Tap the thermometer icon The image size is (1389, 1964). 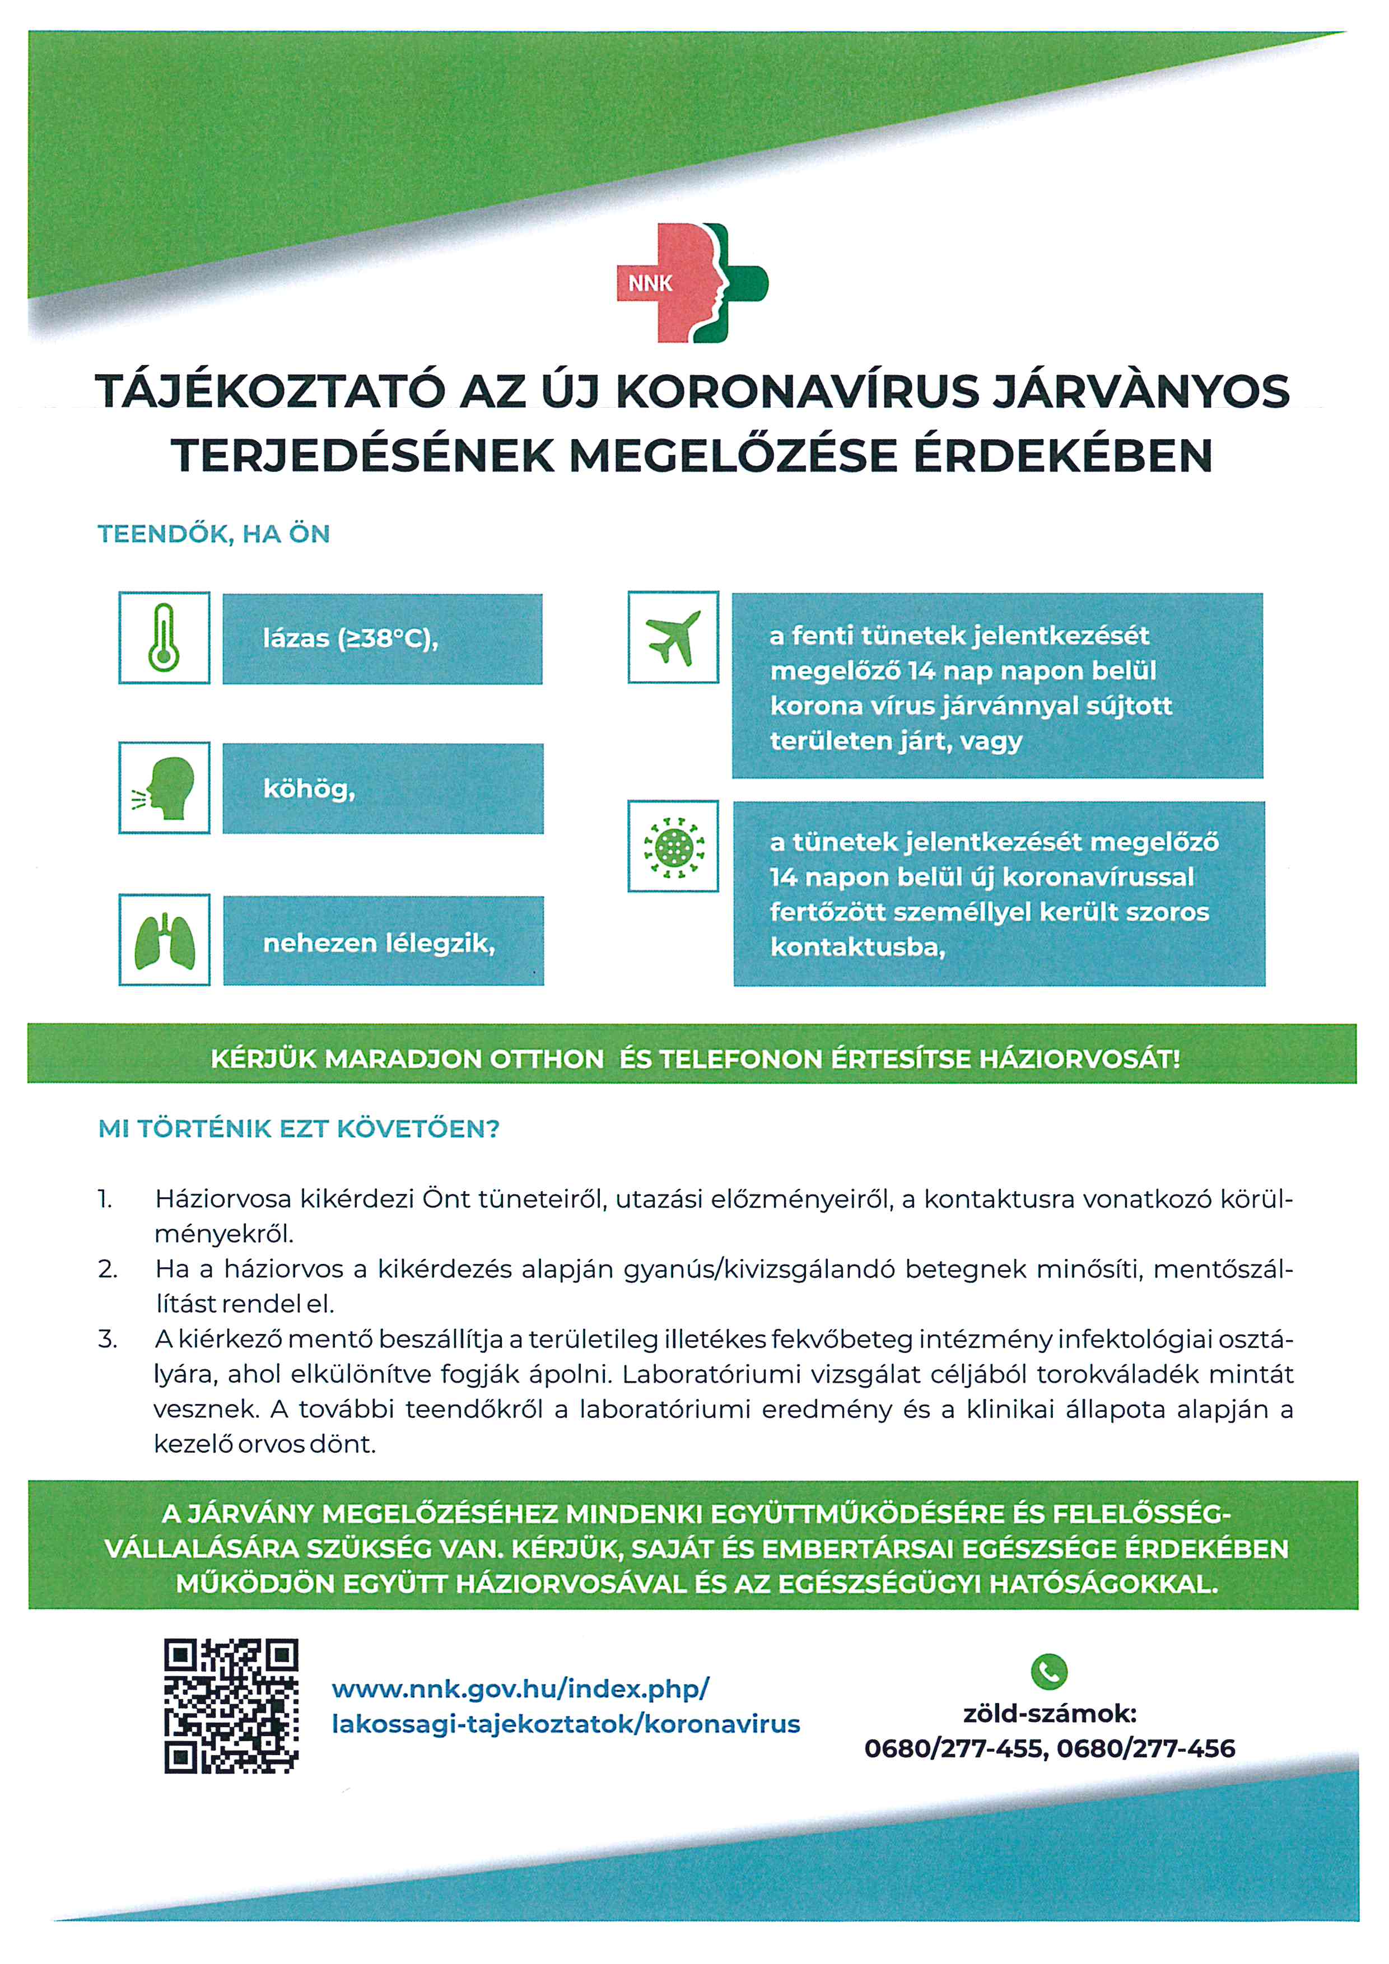click(x=164, y=637)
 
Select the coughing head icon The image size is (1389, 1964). click(x=164, y=788)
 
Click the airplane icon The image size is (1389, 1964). click(x=673, y=637)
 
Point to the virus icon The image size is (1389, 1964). click(x=673, y=846)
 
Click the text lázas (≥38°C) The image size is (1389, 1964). click(x=350, y=639)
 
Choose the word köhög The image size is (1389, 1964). click(x=309, y=789)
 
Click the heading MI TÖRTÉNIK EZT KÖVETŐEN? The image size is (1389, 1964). click(x=299, y=1129)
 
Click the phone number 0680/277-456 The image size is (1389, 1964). click(x=1145, y=1748)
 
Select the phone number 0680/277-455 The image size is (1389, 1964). click(x=954, y=1748)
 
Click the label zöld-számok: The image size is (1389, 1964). click(x=1050, y=1713)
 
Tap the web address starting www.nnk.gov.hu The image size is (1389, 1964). click(x=565, y=1706)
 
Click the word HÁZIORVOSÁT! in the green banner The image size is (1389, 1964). click(x=1079, y=1059)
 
